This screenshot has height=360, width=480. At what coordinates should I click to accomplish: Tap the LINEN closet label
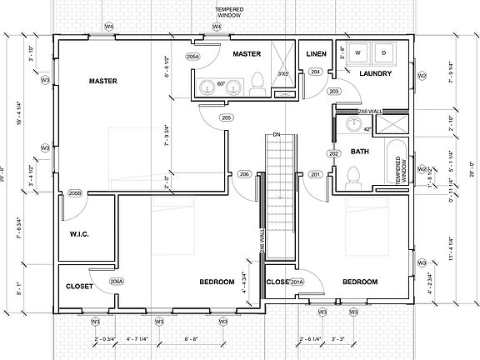pyautogui.click(x=316, y=54)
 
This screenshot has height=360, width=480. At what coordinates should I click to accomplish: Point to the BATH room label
pyautogui.click(x=360, y=152)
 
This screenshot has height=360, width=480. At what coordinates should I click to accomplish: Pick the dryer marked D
pyautogui.click(x=384, y=52)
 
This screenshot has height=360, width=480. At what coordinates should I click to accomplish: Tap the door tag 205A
pyautogui.click(x=192, y=57)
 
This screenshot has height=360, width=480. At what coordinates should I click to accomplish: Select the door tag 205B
pyautogui.click(x=75, y=193)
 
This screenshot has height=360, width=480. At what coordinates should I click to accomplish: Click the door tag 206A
pyautogui.click(x=117, y=282)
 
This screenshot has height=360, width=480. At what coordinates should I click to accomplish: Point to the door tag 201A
pyautogui.click(x=295, y=282)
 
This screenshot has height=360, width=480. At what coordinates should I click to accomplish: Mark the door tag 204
pyautogui.click(x=316, y=72)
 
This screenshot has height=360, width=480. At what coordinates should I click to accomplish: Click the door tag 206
pyautogui.click(x=244, y=173)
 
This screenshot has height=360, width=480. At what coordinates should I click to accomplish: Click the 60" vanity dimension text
pyautogui.click(x=222, y=84)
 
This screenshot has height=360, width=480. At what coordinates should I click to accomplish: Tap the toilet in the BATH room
pyautogui.click(x=352, y=177)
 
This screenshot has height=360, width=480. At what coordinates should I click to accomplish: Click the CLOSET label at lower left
pyautogui.click(x=79, y=287)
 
